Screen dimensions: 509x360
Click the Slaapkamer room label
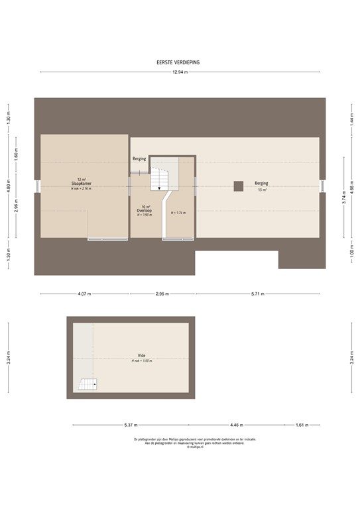coord(81,183)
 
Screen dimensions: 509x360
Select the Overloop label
coord(145,210)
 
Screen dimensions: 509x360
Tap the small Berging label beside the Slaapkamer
coord(139,159)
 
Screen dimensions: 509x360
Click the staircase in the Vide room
coord(88,384)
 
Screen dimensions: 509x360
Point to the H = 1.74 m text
coord(178,213)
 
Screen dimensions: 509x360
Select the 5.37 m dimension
coord(129,425)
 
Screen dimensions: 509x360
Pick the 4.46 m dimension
coord(237,425)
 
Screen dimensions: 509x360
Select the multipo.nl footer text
coord(180,446)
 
